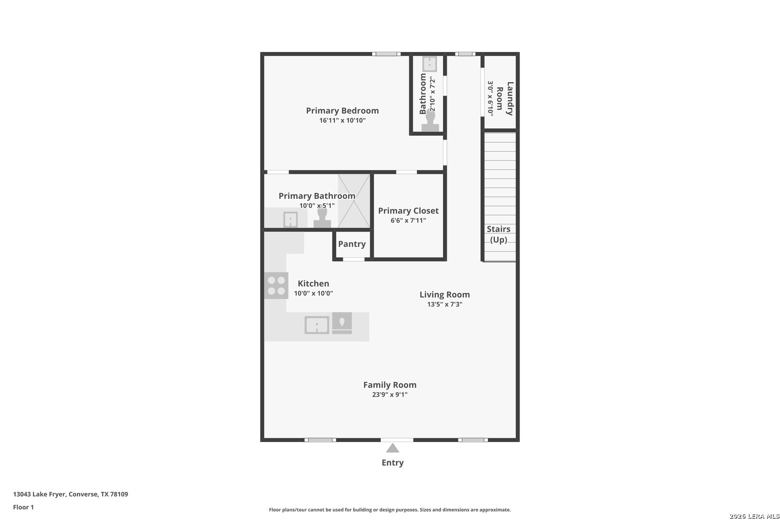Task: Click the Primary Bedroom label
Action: click(342, 111)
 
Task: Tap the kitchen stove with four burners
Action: click(276, 286)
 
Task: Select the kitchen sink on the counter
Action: click(316, 325)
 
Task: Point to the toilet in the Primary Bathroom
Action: click(322, 218)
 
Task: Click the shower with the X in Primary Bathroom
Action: click(354, 201)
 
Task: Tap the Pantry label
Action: click(351, 244)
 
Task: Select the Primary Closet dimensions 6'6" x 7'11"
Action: click(408, 221)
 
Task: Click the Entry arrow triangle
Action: click(392, 448)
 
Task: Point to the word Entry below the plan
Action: click(392, 463)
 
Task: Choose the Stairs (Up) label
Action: click(498, 234)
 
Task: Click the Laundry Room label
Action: click(505, 99)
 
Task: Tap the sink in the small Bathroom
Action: click(429, 64)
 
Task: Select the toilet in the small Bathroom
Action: click(430, 121)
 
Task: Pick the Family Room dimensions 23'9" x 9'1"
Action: click(390, 395)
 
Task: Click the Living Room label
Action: click(445, 295)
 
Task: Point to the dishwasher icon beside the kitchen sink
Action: click(342, 323)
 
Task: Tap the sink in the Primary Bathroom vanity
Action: click(290, 220)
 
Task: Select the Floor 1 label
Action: click(23, 507)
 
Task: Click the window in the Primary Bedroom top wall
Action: click(386, 54)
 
